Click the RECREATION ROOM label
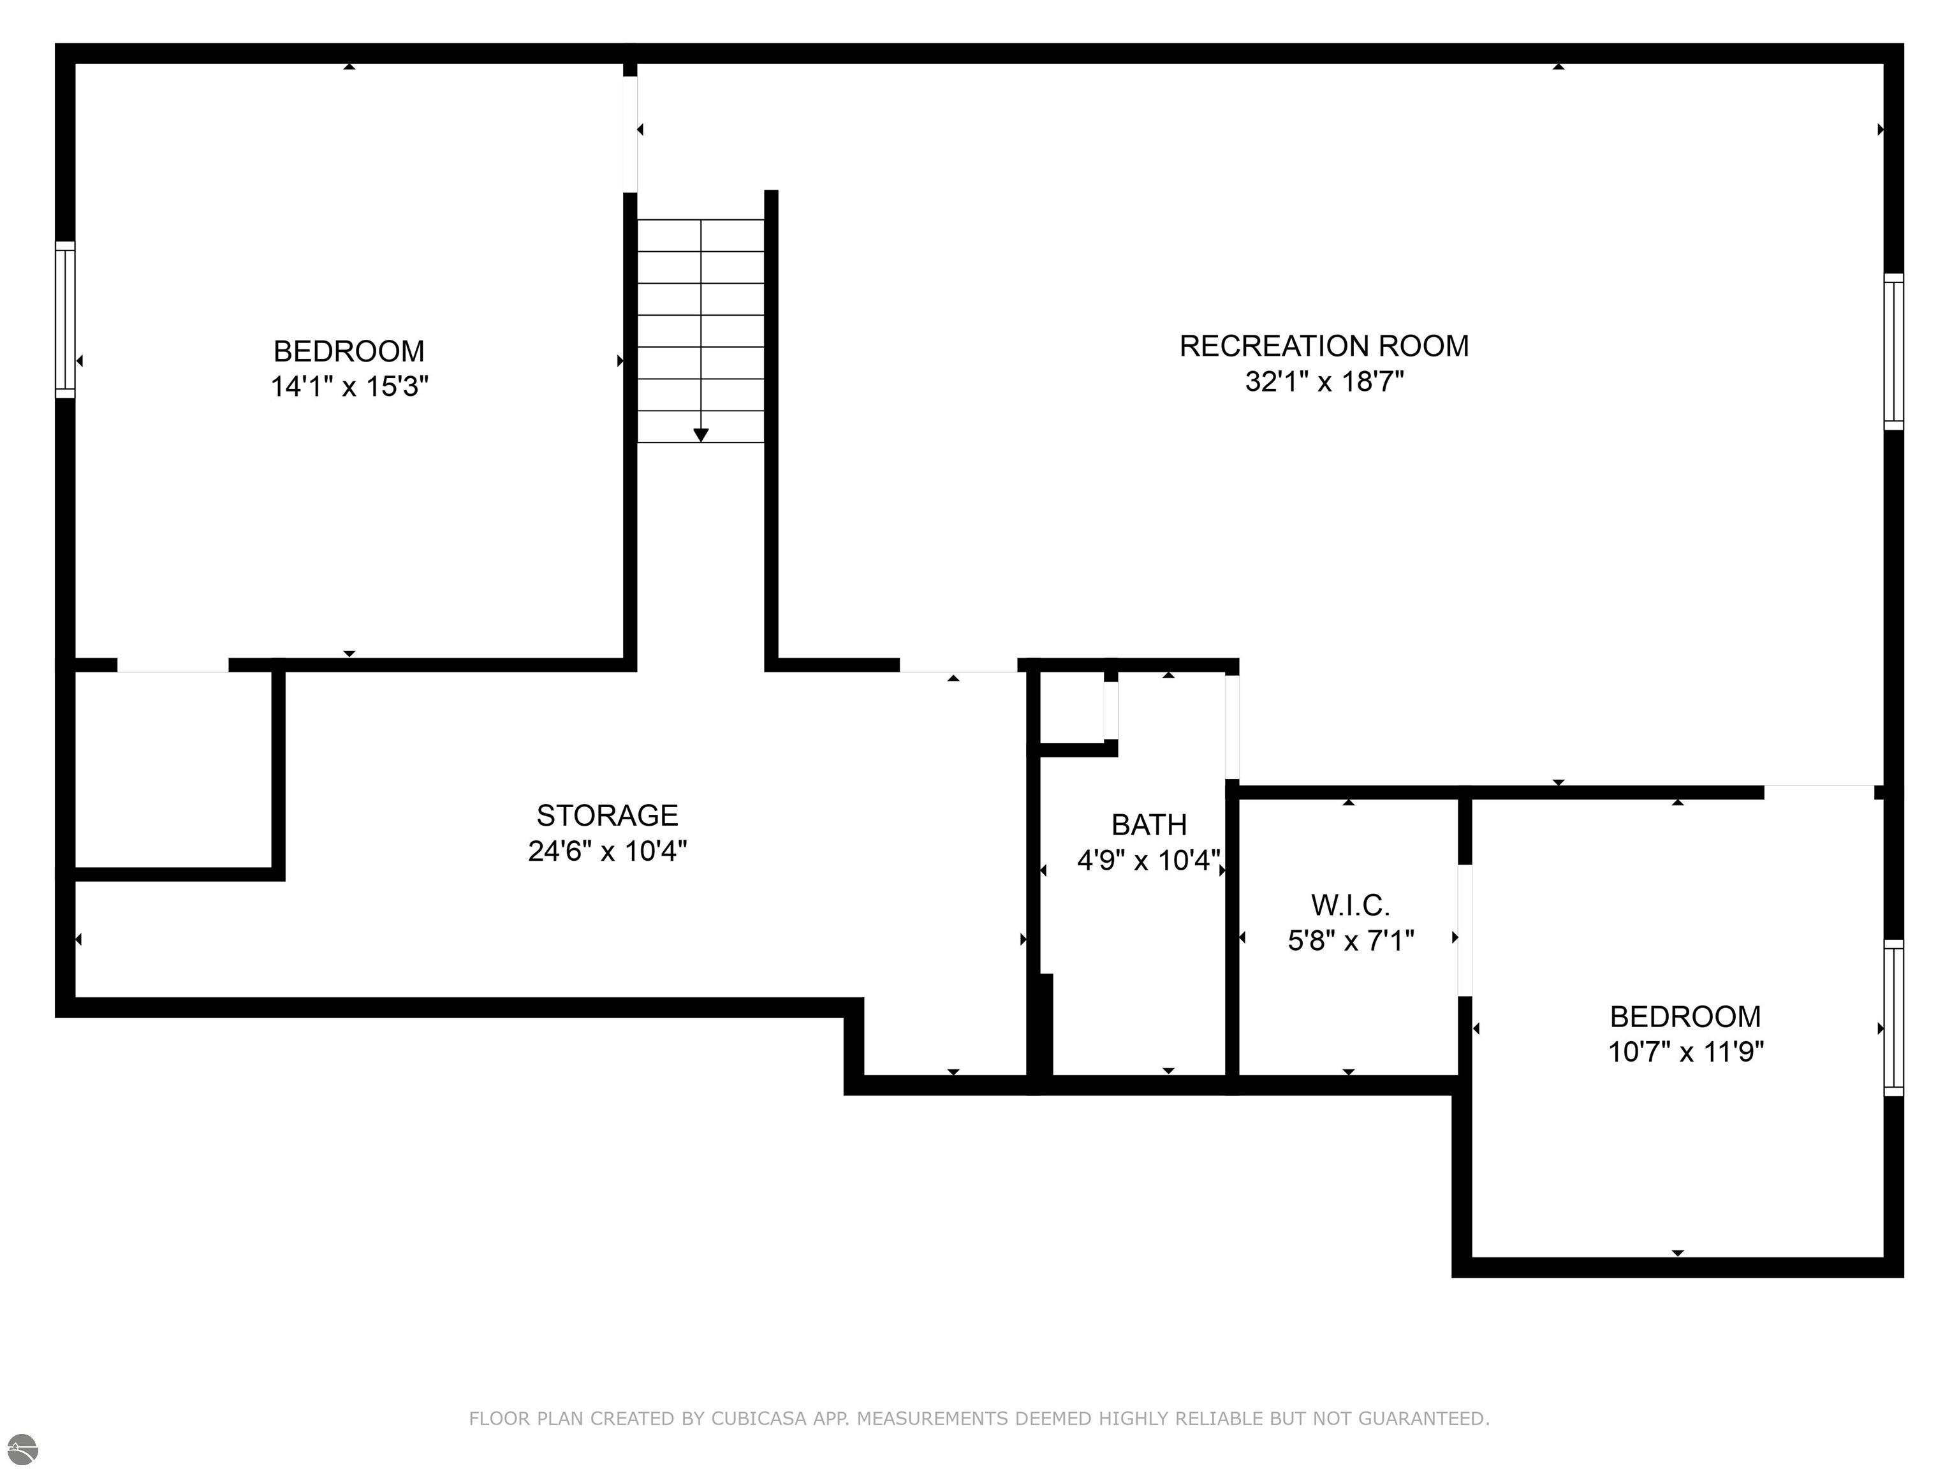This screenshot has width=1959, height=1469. point(1323,346)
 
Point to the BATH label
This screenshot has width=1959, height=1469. point(1148,824)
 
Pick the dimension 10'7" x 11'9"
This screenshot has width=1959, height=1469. point(1685,1052)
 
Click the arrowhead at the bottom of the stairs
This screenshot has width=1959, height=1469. point(701,435)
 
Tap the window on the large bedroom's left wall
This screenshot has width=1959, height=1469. point(64,319)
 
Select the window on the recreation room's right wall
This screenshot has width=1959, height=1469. point(1893,351)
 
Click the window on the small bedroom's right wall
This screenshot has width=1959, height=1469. point(1893,1018)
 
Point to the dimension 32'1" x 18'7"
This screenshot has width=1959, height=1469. point(1323,382)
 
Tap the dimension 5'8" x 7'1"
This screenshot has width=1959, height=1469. point(1350,940)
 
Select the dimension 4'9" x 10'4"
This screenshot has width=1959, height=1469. point(1148,860)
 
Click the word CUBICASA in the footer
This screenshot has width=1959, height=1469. point(758,1419)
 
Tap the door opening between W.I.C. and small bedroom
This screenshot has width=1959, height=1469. point(1465,930)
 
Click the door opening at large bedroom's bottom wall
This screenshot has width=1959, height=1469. point(173,665)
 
